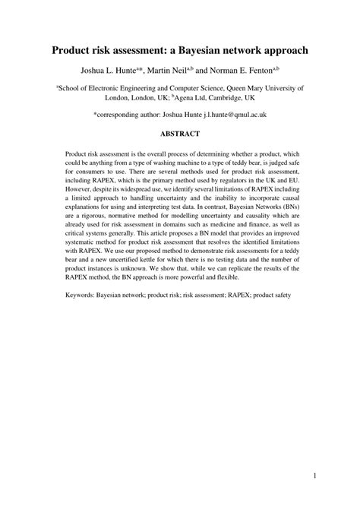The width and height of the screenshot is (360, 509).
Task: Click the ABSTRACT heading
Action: [179, 134]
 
